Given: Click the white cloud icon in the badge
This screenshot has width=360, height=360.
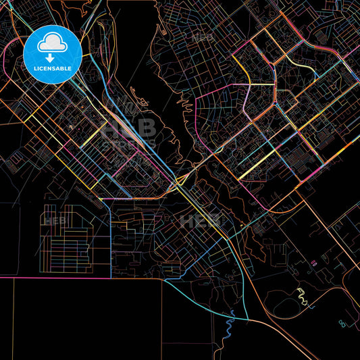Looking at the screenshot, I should pyautogui.click(x=52, y=43).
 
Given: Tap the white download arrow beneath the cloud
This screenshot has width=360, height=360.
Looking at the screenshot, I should pyautogui.click(x=52, y=58).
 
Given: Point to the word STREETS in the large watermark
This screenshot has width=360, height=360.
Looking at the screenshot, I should pyautogui.click(x=128, y=144).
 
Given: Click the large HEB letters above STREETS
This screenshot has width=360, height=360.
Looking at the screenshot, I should pyautogui.click(x=128, y=128).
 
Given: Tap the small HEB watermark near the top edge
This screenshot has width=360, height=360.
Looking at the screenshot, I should pyautogui.click(x=203, y=38).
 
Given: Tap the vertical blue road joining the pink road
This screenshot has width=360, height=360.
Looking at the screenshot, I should pyautogui.click(x=110, y=236).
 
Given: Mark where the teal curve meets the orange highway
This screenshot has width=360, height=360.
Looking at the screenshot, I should pyautogui.click(x=247, y=318).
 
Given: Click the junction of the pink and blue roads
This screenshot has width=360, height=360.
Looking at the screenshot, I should pyautogui.click(x=110, y=276).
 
